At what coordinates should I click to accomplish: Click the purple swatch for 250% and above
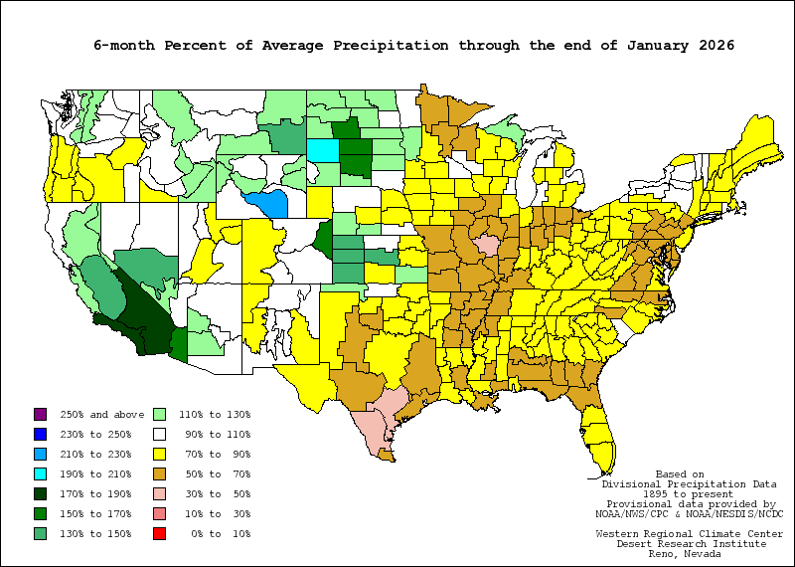coord(40,414)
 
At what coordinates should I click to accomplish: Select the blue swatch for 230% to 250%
coord(40,434)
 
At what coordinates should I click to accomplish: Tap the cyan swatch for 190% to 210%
coord(40,473)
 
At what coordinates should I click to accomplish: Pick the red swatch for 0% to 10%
coord(158,533)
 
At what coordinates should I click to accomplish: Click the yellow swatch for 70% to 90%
coord(158,454)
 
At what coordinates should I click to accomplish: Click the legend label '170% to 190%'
coord(96,493)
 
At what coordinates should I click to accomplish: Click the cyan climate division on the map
coord(321,150)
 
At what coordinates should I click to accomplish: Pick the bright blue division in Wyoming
coord(267,204)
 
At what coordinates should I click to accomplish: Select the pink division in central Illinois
coord(487,246)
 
